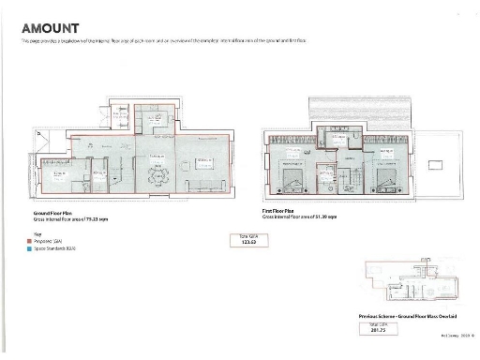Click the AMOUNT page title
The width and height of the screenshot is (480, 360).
point(49,29)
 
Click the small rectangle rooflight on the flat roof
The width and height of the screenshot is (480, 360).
point(435,164)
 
